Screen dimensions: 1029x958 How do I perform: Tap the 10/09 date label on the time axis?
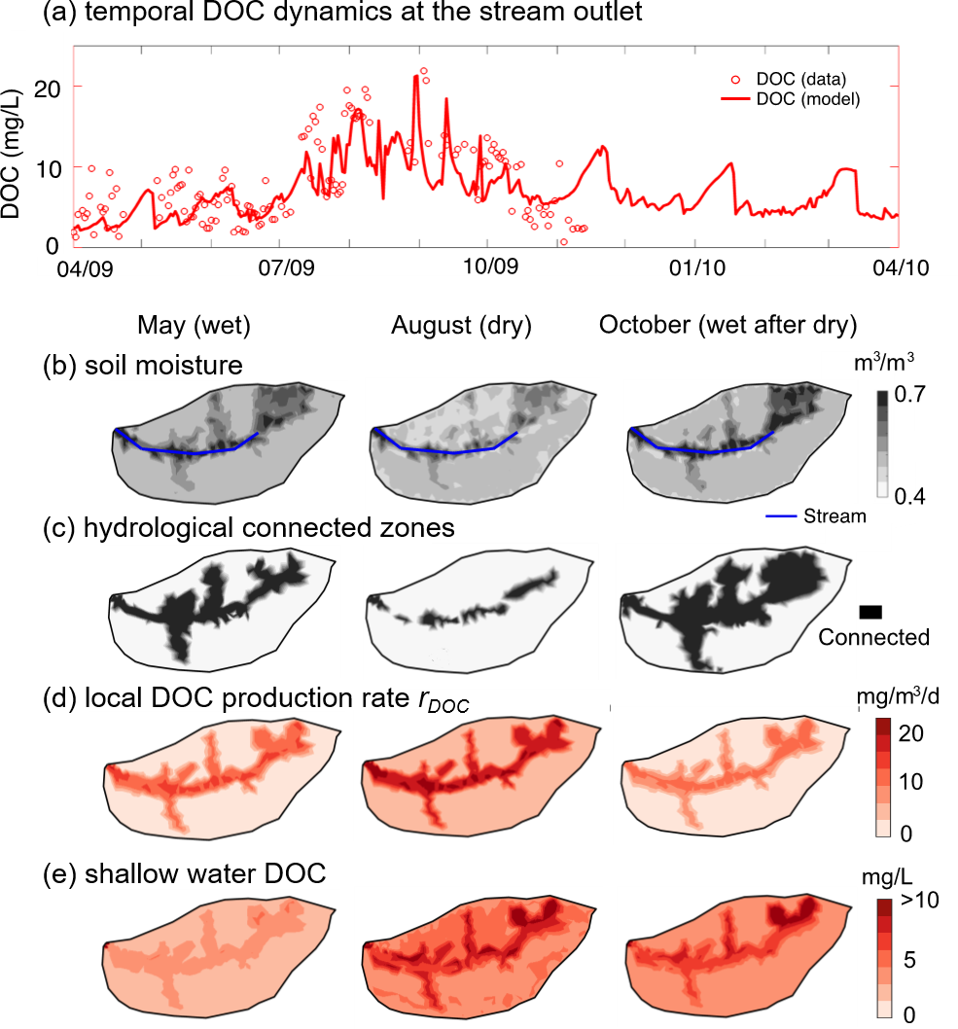pos(487,266)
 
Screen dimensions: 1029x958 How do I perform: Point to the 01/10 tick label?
pos(693,266)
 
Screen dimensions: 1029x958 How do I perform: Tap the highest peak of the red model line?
pos(416,76)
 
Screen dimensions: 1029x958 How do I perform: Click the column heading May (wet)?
pos(195,326)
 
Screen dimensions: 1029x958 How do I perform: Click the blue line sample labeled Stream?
pos(777,515)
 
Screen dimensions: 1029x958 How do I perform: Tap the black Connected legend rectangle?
pos(870,611)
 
